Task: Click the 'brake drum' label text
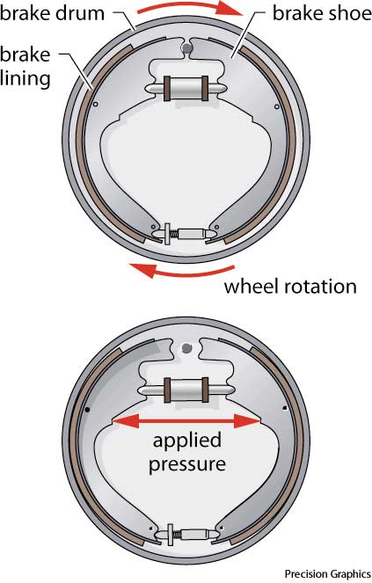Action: coord(52,14)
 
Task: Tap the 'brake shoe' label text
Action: coord(322,14)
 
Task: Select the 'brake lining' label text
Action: coord(26,67)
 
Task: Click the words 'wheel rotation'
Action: coord(290,287)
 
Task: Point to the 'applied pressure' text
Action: coord(187,452)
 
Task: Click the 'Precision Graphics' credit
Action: coord(328,573)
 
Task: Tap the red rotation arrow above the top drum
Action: coord(190,7)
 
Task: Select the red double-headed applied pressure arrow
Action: coord(186,421)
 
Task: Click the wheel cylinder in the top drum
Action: coord(186,89)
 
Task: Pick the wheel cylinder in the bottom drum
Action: coord(186,390)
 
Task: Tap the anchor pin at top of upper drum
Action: coord(186,47)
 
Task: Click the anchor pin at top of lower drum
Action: coord(186,348)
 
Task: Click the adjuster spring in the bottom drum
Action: coord(177,535)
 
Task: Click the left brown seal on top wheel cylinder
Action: coord(167,88)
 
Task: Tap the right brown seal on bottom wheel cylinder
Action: coord(205,390)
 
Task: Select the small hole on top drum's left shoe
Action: coord(96,105)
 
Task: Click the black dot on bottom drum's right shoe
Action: coord(285,408)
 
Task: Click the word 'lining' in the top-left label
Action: coord(26,78)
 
